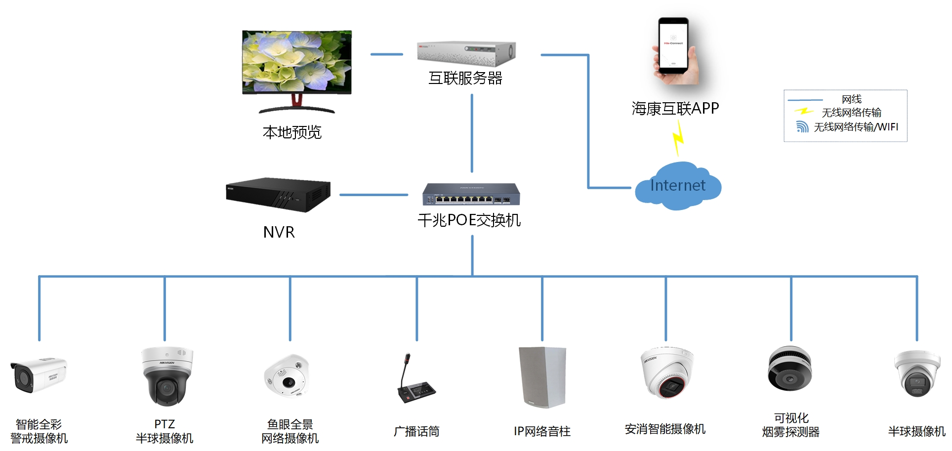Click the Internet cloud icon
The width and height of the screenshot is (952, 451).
pyautogui.click(x=678, y=186)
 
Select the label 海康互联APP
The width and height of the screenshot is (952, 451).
pyautogui.click(x=675, y=108)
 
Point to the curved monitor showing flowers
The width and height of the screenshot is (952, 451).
pyautogui.click(x=296, y=63)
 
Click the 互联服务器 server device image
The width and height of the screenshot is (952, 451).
pyautogui.click(x=466, y=53)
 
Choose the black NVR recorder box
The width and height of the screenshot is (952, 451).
pyautogui.click(x=278, y=195)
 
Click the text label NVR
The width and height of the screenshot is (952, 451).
pyautogui.click(x=279, y=232)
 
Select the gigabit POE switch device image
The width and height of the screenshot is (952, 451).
pyautogui.click(x=471, y=194)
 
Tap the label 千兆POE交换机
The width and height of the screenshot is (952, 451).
pyautogui.click(x=469, y=220)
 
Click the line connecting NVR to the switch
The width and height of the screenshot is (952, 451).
pyautogui.click(x=373, y=195)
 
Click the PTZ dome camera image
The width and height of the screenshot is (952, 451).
pyautogui.click(x=166, y=375)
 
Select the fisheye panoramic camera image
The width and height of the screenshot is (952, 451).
pyautogui.click(x=286, y=375)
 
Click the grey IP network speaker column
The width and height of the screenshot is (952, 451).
pyautogui.click(x=542, y=377)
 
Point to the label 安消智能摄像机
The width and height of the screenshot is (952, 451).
pyautogui.click(x=665, y=429)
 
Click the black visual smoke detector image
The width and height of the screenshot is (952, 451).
pyautogui.click(x=789, y=369)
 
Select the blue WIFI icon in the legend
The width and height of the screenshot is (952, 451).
pyautogui.click(x=802, y=127)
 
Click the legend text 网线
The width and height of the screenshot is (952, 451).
pyautogui.click(x=851, y=99)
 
